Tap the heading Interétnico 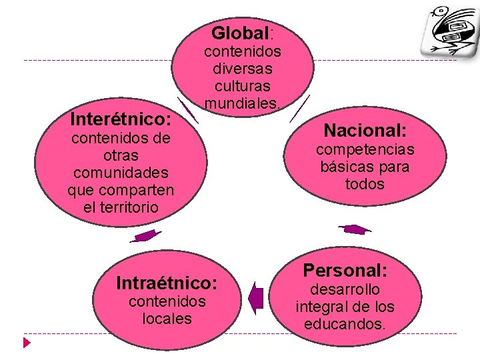pos(121,120)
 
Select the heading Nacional pos(365,130)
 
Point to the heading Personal pos(345,271)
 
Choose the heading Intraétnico pos(167,283)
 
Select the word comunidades pos(121,173)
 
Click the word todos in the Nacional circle pos(365,184)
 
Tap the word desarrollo pos(345,289)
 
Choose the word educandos pos(345,324)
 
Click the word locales pos(167,319)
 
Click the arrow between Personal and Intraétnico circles pos(256,297)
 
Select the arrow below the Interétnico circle pos(146,236)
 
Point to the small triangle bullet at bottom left pos(26,343)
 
